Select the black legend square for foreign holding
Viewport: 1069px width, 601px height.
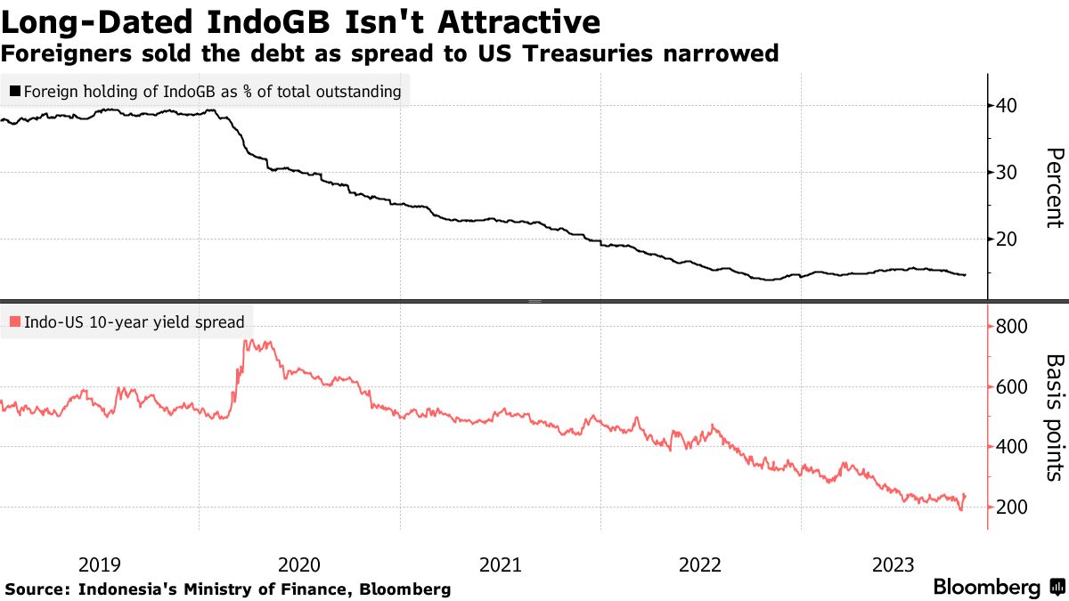pyautogui.click(x=15, y=91)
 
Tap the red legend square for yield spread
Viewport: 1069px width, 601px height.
pyautogui.click(x=15, y=322)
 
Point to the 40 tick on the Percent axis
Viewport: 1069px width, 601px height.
pyautogui.click(x=1008, y=106)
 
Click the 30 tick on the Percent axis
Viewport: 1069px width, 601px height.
pyautogui.click(x=1008, y=173)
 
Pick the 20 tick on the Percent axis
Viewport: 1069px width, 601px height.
pyautogui.click(x=1008, y=240)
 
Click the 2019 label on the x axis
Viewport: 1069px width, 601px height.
pyautogui.click(x=99, y=564)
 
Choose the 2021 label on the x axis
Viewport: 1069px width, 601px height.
pyautogui.click(x=500, y=564)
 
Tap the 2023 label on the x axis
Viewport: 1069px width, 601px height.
pyautogui.click(x=894, y=564)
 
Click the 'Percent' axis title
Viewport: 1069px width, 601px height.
pyautogui.click(x=1054, y=189)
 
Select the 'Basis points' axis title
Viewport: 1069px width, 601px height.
pyautogui.click(x=1054, y=417)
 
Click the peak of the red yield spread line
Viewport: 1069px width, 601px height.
pyautogui.click(x=246, y=341)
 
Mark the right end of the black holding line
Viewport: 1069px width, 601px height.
pyautogui.click(x=966, y=275)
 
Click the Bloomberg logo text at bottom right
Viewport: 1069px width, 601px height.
pyautogui.click(x=986, y=588)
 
